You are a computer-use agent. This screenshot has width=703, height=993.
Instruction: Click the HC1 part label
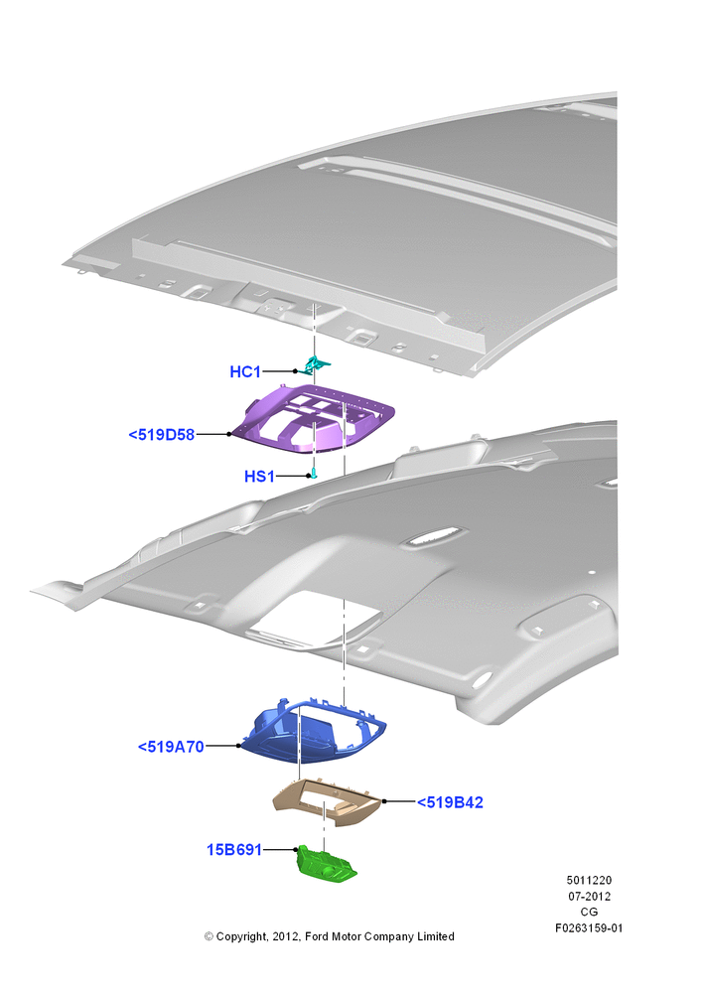[x=245, y=371]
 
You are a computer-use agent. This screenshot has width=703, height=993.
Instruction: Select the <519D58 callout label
[x=162, y=435]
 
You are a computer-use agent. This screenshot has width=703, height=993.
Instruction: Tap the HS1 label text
[x=260, y=477]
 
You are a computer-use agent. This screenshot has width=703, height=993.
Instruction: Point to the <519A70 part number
[x=171, y=747]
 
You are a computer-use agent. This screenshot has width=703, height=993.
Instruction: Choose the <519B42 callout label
[x=450, y=802]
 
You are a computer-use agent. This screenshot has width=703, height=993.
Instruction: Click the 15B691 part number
[x=234, y=850]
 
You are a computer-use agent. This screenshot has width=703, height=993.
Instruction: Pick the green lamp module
[x=327, y=864]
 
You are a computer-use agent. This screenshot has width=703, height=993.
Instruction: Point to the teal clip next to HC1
[x=315, y=364]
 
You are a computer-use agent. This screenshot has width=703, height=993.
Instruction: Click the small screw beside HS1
[x=314, y=474]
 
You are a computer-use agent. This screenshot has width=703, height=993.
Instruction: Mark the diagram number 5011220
[x=589, y=880]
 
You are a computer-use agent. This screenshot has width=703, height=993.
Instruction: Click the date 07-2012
[x=589, y=896]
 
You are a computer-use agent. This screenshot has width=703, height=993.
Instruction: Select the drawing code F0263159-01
[x=589, y=928]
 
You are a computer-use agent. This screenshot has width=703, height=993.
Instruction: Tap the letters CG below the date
[x=589, y=912]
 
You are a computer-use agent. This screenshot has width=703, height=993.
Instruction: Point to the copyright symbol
[x=209, y=936]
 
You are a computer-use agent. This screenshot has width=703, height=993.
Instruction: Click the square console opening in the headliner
[x=314, y=617]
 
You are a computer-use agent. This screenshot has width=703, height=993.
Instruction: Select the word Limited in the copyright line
[x=436, y=936]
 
